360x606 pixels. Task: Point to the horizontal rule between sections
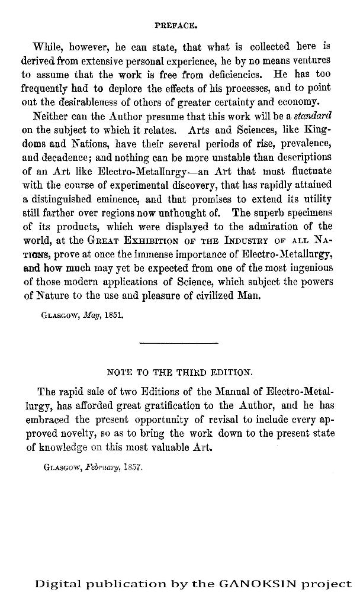[x=178, y=343]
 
